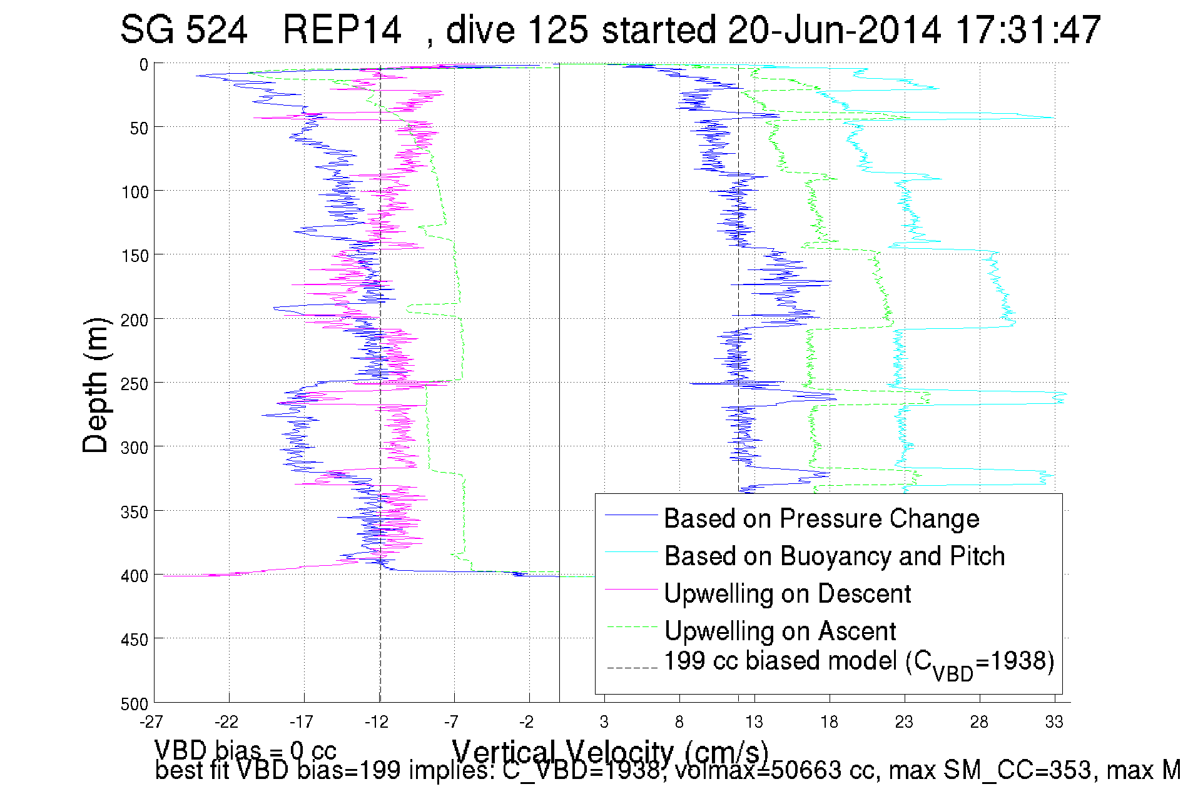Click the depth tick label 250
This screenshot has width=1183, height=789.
pos(135,384)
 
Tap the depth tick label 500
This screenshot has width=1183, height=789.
pos(135,704)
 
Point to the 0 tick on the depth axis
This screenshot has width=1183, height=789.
pos(143,64)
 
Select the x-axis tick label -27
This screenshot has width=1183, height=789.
pos(151,722)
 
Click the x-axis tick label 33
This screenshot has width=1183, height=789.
pos(1054,722)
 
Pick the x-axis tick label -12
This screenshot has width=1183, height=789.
pos(377,722)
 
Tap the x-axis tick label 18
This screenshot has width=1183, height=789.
pos(829,722)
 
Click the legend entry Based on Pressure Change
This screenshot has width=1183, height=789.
pos(821,518)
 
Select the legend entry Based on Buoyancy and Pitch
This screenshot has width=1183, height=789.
pos(834,556)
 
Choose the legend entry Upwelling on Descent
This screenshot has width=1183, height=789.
pos(787,593)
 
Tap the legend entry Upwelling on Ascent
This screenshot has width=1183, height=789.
pos(780,631)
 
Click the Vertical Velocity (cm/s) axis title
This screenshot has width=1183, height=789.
pos(610,751)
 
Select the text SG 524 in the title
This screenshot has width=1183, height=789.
pos(184,29)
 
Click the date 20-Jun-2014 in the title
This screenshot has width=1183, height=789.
pos(835,29)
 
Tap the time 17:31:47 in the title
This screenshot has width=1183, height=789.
pos(1028,29)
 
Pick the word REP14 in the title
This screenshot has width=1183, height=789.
pos(342,29)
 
